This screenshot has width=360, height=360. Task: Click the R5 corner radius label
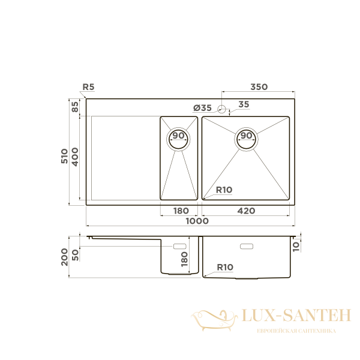click(x=88, y=87)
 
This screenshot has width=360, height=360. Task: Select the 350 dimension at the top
click(x=259, y=87)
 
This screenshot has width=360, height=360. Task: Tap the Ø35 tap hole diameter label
click(x=202, y=108)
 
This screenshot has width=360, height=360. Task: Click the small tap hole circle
click(x=221, y=109)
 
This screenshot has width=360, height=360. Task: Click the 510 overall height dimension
click(x=65, y=157)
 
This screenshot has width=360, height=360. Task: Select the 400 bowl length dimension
click(x=75, y=157)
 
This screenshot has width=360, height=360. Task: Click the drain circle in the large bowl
click(x=246, y=137)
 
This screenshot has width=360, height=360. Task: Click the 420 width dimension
click(x=246, y=211)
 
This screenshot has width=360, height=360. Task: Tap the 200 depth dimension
click(x=65, y=257)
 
